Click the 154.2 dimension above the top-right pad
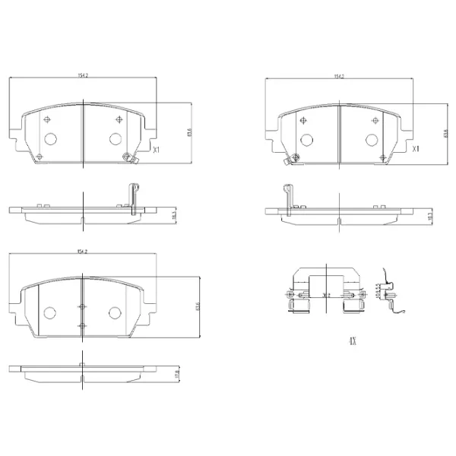[x=338, y=75]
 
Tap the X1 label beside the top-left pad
[x=157, y=150]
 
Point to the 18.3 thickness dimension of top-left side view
[x=173, y=214]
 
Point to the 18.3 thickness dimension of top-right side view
[x=430, y=214]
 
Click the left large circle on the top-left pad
[x=51, y=139]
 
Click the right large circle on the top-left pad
[x=115, y=139]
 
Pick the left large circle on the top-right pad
[x=307, y=139]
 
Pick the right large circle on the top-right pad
[x=372, y=139]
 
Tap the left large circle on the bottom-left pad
[x=51, y=313]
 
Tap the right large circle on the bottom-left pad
[x=115, y=313]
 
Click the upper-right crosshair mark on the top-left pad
[x=119, y=119]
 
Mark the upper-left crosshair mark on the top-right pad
[x=304, y=119]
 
